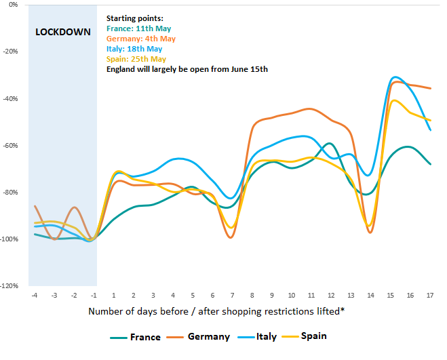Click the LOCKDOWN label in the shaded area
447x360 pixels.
click(x=62, y=32)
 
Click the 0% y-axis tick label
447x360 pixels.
click(x=14, y=4)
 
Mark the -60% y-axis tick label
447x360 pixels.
click(x=12, y=145)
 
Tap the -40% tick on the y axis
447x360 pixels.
click(x=12, y=98)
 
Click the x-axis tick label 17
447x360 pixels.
click(x=430, y=295)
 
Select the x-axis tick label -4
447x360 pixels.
click(x=34, y=295)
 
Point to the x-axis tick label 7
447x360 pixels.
click(x=232, y=295)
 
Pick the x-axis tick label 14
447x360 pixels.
click(x=370, y=295)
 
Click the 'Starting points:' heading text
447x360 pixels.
click(x=136, y=19)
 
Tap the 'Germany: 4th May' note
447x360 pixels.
click(x=141, y=39)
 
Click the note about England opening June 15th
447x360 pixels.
click(x=187, y=69)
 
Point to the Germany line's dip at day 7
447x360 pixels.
click(x=231, y=237)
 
